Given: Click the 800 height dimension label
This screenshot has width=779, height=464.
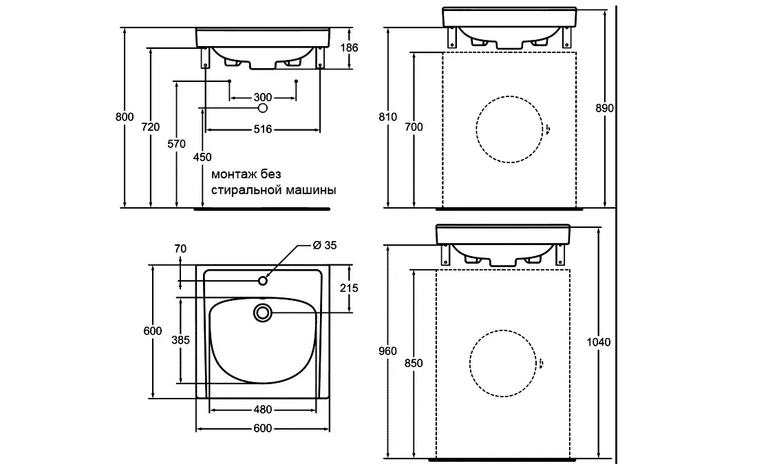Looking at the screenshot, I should (x=124, y=116).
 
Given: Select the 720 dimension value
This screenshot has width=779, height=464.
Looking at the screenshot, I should (x=151, y=127).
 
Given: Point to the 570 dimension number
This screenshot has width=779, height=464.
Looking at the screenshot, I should (x=177, y=144).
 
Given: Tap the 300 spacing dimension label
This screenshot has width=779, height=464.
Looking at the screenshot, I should (x=262, y=96).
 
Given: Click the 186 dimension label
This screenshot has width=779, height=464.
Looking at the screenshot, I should (x=350, y=48).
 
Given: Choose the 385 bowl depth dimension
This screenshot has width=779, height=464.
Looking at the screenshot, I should (x=180, y=340).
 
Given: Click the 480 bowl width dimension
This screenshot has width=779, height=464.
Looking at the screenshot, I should (x=262, y=410).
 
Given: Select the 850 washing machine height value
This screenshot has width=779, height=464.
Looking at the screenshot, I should (x=412, y=363).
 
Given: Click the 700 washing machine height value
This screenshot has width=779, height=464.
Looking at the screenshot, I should (x=414, y=127).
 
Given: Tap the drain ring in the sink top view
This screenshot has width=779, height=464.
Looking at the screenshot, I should (x=262, y=313).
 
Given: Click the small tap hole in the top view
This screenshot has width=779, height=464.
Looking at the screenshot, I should (x=262, y=280).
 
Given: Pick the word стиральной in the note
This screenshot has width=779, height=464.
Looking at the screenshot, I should (x=243, y=190).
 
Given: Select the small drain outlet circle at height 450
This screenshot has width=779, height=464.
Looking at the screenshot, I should (x=262, y=108).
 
